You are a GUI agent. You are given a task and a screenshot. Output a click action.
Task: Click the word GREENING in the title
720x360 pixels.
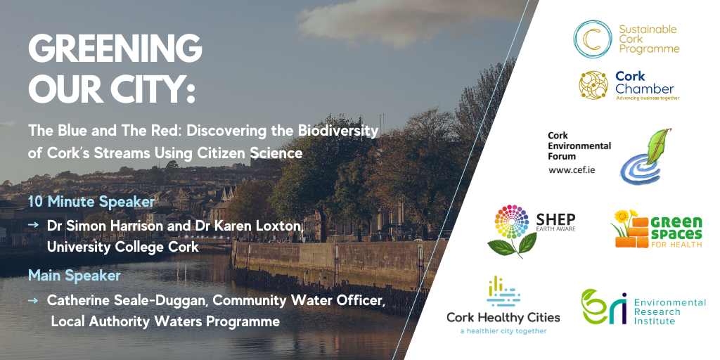[115, 49]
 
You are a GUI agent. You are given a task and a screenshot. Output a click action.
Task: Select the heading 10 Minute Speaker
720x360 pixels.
[91, 202]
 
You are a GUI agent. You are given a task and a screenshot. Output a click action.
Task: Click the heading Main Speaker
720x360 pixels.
[75, 275]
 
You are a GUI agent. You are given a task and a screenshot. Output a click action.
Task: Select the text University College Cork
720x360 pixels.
[122, 247]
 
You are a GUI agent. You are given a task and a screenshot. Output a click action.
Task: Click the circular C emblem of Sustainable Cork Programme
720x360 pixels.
[592, 39]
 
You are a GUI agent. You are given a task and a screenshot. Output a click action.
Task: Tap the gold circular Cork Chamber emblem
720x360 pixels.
[593, 85]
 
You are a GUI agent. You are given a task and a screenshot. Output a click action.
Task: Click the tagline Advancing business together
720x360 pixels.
[647, 98]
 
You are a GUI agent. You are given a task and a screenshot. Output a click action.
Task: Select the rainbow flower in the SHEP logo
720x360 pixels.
[512, 221]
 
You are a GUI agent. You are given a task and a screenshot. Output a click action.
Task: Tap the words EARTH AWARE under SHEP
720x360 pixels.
[556, 229]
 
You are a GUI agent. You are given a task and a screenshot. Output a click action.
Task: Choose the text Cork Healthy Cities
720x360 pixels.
[503, 317]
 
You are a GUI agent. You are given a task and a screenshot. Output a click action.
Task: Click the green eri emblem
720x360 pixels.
[603, 307]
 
